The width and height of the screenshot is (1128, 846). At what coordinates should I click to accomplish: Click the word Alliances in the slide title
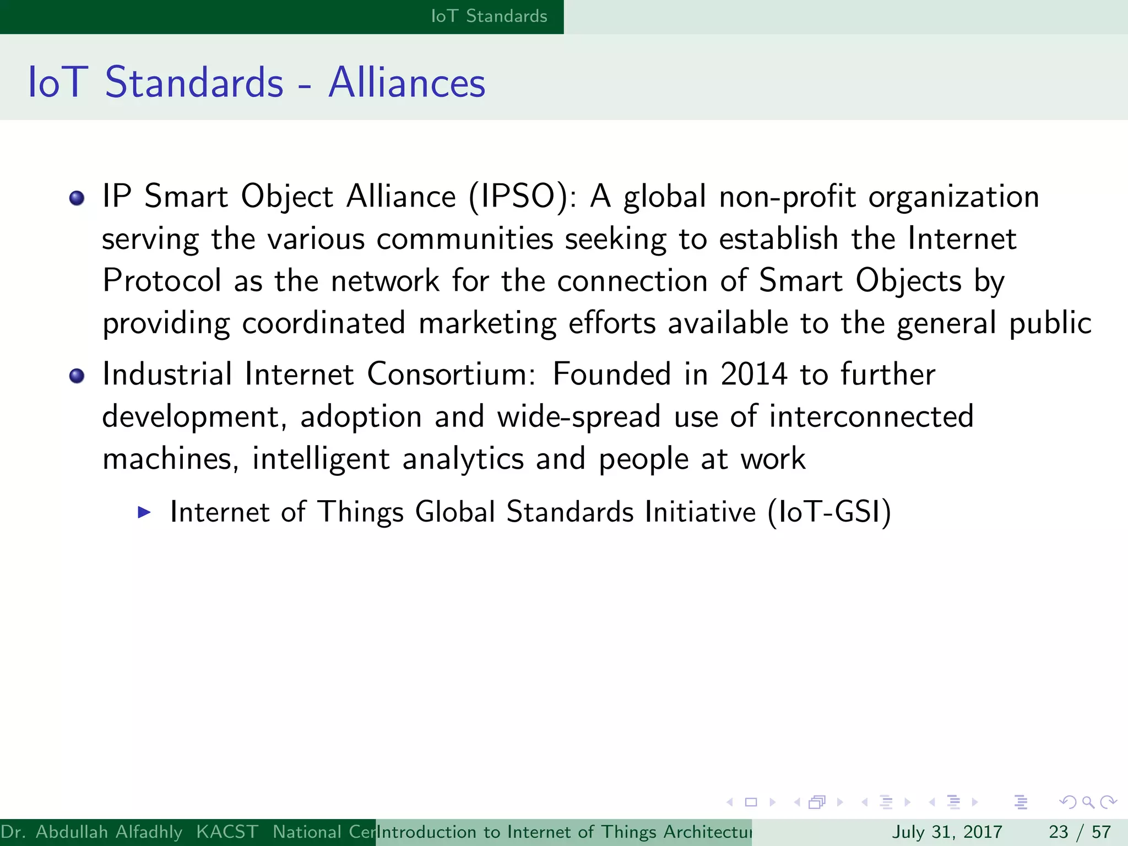tap(406, 83)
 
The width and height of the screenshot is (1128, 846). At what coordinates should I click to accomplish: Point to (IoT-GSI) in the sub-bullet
tap(829, 512)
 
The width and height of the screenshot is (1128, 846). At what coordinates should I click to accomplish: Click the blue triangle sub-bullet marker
tap(144, 512)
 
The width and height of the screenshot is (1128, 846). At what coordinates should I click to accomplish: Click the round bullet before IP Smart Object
tap(77, 198)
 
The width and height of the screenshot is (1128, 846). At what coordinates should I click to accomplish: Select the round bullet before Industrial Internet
tap(77, 376)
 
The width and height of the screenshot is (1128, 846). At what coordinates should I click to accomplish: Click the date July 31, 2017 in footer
tap(947, 832)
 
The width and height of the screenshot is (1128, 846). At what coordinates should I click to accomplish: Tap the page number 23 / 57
tap(1080, 832)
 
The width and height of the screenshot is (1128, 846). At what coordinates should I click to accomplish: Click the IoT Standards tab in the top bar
tap(489, 17)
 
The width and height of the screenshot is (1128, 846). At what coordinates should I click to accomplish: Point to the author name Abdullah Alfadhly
tap(109, 832)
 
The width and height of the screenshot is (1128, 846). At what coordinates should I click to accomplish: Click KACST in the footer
tap(227, 832)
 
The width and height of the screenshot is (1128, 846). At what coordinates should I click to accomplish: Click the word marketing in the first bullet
tap(487, 323)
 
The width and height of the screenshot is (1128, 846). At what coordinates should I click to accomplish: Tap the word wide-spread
tap(578, 417)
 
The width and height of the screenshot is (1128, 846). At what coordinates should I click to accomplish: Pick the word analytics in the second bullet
tap(463, 459)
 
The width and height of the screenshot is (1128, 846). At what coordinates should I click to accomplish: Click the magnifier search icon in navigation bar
tap(1088, 802)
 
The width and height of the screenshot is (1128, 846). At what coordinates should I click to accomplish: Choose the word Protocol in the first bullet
tap(162, 281)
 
